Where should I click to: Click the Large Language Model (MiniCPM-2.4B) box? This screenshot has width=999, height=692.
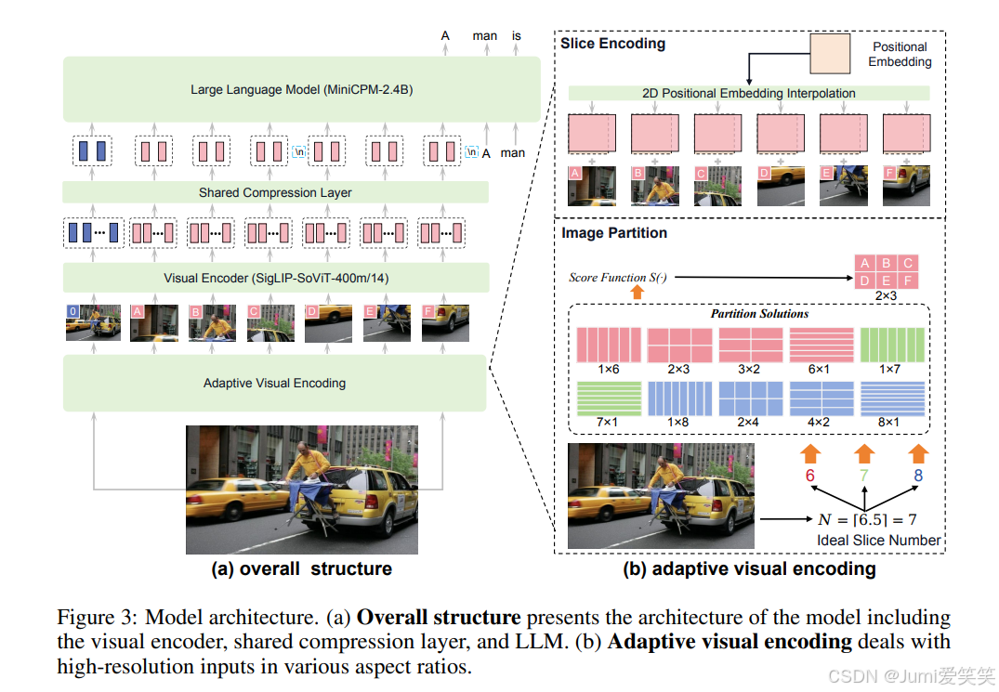pos(302,89)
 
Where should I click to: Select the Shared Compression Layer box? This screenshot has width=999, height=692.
pos(275,193)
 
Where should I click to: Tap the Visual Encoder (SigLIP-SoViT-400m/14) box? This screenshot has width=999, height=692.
pos(275,278)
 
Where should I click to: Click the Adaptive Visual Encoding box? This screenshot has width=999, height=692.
pos(275,383)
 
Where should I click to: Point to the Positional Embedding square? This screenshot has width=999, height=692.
pos(830,54)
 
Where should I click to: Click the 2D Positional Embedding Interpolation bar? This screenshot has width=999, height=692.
pos(748,93)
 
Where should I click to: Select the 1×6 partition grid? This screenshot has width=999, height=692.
pos(609,345)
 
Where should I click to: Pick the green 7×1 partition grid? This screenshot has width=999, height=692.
pos(609,399)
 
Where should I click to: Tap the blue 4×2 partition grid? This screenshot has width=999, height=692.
pos(822,399)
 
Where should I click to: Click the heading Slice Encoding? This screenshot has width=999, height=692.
pos(612,43)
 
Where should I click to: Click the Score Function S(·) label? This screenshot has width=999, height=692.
pos(618,277)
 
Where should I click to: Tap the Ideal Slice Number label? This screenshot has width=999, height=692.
pos(878,540)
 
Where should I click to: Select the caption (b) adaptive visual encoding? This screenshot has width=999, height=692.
pos(749,568)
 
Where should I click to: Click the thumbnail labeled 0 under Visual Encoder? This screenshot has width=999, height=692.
pos(93,322)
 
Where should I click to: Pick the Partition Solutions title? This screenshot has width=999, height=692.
pos(759,314)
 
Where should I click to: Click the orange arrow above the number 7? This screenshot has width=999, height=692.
pos(864,454)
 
